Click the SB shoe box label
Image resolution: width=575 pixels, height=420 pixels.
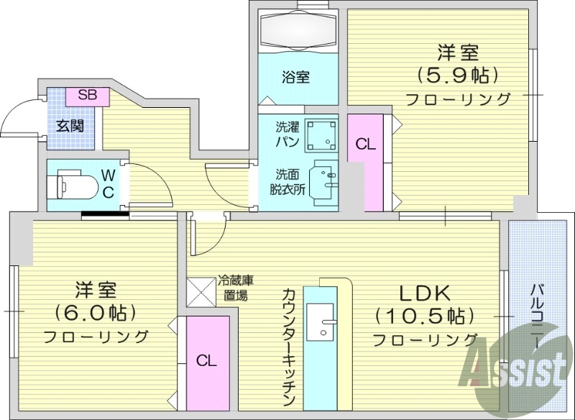(x=87, y=95)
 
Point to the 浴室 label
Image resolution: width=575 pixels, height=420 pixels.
(x=295, y=76)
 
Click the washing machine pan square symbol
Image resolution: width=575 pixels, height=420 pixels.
(x=321, y=134)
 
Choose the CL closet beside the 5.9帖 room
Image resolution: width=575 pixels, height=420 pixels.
(x=365, y=144)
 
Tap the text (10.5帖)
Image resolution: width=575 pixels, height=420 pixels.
(x=425, y=315)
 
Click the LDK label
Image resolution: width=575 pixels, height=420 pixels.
(x=425, y=293)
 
